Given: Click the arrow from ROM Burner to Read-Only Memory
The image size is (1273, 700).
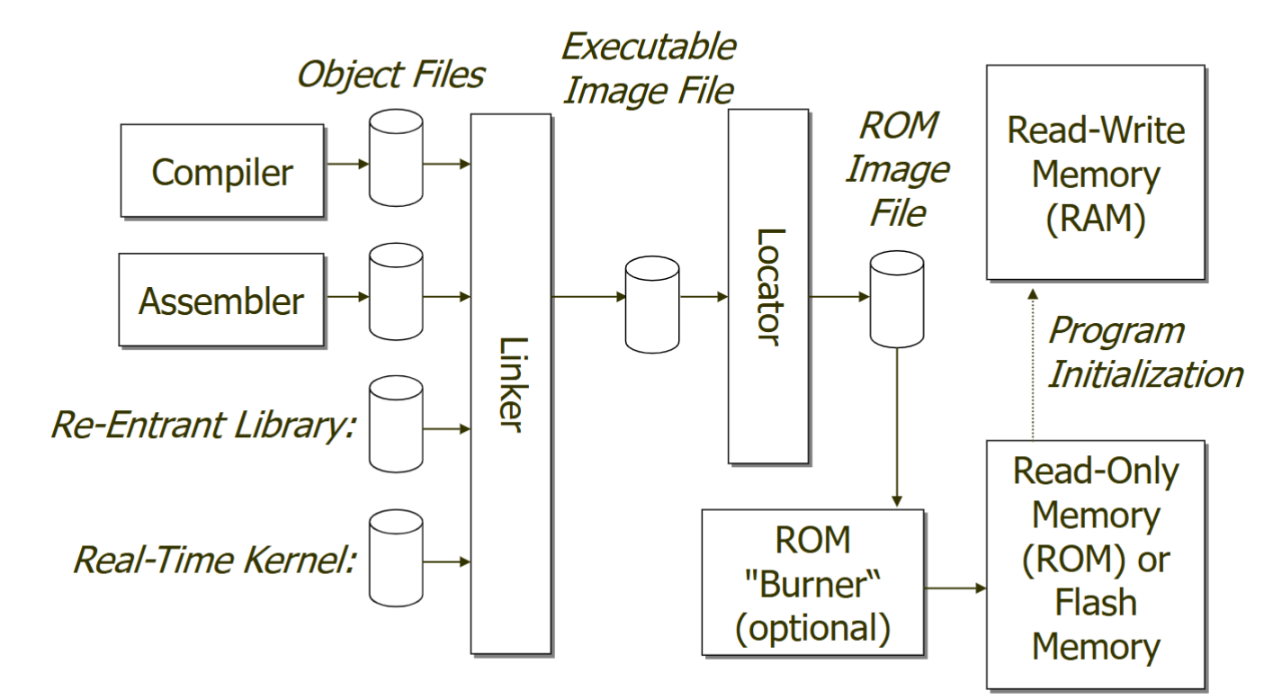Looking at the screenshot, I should (955, 589).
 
